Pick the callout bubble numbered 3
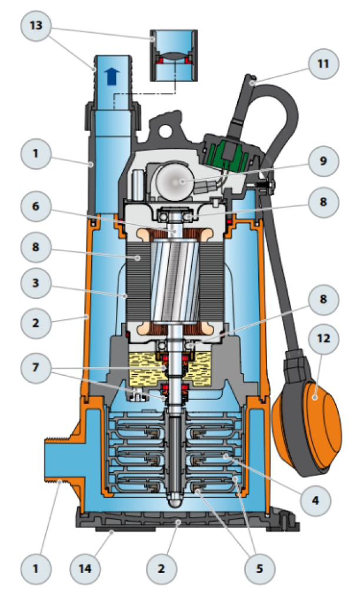pyautogui.click(x=35, y=282)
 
